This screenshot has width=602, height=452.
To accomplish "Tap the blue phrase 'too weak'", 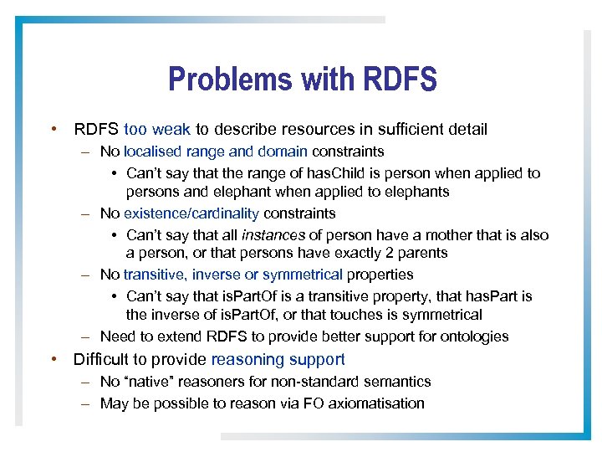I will tap(157, 130).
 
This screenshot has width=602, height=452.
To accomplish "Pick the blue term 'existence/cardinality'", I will tap(191, 213).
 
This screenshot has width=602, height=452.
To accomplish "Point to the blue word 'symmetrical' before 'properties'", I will tap(303, 275).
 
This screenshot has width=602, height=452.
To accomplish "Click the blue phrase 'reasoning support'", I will tap(278, 360).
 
